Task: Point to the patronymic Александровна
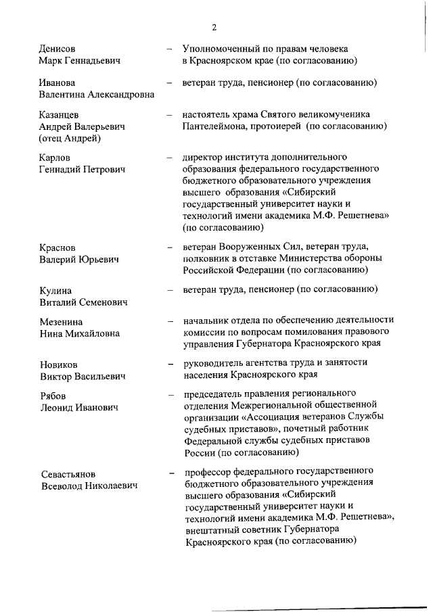pyautogui.click(x=117, y=95)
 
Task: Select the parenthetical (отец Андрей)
pyautogui.click(x=70, y=139)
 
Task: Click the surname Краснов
pyautogui.click(x=58, y=247)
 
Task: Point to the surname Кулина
pyautogui.click(x=55, y=290)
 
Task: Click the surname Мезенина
pyautogui.click(x=62, y=321)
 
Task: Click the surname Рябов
pyautogui.click(x=53, y=395)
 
